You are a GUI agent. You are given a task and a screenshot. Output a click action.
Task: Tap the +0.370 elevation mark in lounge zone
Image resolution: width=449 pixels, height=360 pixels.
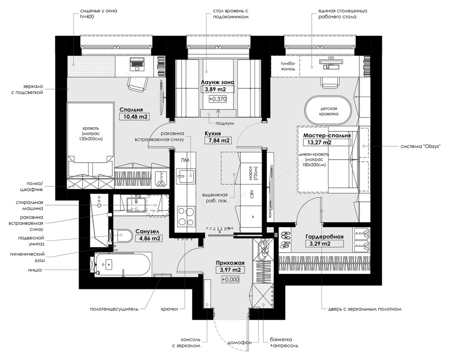click(217, 99)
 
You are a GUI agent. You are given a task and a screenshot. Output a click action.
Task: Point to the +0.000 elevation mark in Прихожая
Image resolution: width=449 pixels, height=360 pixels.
click(231, 280)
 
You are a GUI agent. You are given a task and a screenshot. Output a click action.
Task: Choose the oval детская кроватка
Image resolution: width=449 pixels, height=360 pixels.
click(327, 112)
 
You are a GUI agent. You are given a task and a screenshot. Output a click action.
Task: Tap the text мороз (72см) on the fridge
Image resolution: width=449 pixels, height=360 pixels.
click(249, 174)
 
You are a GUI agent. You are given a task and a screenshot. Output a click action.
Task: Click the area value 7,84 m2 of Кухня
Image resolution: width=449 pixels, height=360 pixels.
click(219, 141)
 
